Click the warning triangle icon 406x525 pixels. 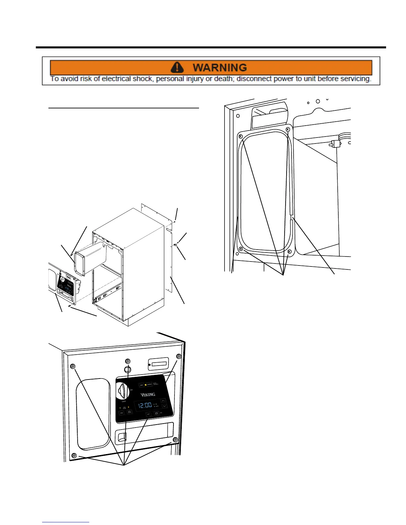click(x=177, y=67)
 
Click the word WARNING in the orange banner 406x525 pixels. click(x=220, y=68)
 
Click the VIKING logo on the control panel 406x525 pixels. click(x=148, y=394)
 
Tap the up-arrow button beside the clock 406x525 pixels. click(x=163, y=401)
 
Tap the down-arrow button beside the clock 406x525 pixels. click(x=164, y=406)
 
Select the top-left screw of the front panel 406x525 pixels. click(x=73, y=366)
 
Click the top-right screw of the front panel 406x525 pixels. click(x=178, y=356)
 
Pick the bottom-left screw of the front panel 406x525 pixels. click(x=74, y=455)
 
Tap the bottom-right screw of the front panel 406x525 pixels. click(x=175, y=440)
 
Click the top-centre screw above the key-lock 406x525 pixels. click(x=127, y=361)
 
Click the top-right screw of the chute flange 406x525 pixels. click(x=288, y=129)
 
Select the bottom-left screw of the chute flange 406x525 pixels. click(x=241, y=249)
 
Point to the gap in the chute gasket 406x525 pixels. click(x=291, y=216)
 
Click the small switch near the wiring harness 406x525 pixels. click(x=335, y=144)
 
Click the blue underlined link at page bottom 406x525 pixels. click(x=66, y=522)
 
